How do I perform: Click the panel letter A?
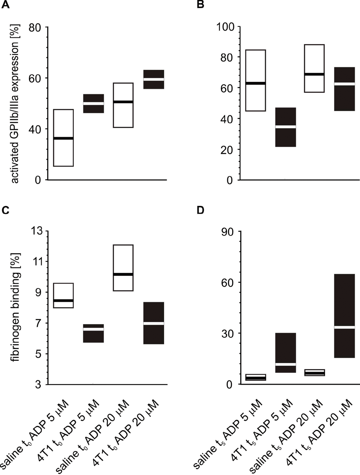(5, 5)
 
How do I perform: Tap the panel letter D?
(200, 210)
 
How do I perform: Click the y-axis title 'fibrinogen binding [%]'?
(15, 307)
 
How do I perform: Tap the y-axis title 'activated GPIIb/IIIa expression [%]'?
(15, 103)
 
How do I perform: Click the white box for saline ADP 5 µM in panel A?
(64, 138)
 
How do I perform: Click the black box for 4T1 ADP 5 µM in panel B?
(286, 127)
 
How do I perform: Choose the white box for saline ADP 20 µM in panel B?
(314, 68)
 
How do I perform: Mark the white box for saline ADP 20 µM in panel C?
(123, 268)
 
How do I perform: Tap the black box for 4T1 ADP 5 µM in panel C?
(94, 333)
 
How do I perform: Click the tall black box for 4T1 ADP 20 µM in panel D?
(344, 316)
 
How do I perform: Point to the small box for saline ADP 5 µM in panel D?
(256, 377)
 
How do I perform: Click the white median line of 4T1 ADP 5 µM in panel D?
(286, 364)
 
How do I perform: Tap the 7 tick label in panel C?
(38, 323)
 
